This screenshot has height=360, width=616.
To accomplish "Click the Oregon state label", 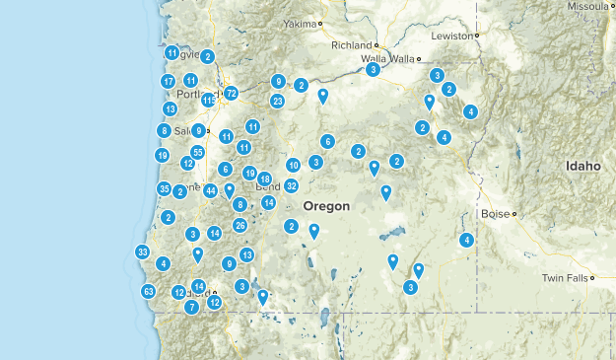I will pyautogui.click(x=326, y=206).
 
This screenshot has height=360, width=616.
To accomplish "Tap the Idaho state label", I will pyautogui.click(x=582, y=167).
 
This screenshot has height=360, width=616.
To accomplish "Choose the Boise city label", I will pyautogui.click(x=495, y=213).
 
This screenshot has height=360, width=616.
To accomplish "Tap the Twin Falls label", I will pyautogui.click(x=565, y=278).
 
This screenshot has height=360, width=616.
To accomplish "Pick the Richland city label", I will pyautogui.click(x=351, y=45).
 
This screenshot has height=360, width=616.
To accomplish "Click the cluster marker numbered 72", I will pyautogui.click(x=231, y=93).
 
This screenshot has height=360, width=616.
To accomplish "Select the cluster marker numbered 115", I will pyautogui.click(x=209, y=100).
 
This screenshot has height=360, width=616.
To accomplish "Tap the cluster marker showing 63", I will pyautogui.click(x=149, y=291).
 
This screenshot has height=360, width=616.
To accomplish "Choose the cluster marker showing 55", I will pyautogui.click(x=198, y=152).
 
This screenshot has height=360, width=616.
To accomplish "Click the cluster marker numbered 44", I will pyautogui.click(x=210, y=190).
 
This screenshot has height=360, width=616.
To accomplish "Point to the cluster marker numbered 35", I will pyautogui.click(x=164, y=188).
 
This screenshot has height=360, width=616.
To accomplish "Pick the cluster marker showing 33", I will pyautogui.click(x=143, y=252).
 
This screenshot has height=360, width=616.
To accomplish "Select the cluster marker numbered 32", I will pyautogui.click(x=292, y=185).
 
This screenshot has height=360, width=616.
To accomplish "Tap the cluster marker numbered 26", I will pyautogui.click(x=240, y=225).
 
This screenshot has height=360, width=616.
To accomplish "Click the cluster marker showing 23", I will pyautogui.click(x=278, y=101).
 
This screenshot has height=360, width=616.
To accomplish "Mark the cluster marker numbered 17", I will pyautogui.click(x=169, y=81).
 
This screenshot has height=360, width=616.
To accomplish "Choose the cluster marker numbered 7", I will pyautogui.click(x=192, y=307).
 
